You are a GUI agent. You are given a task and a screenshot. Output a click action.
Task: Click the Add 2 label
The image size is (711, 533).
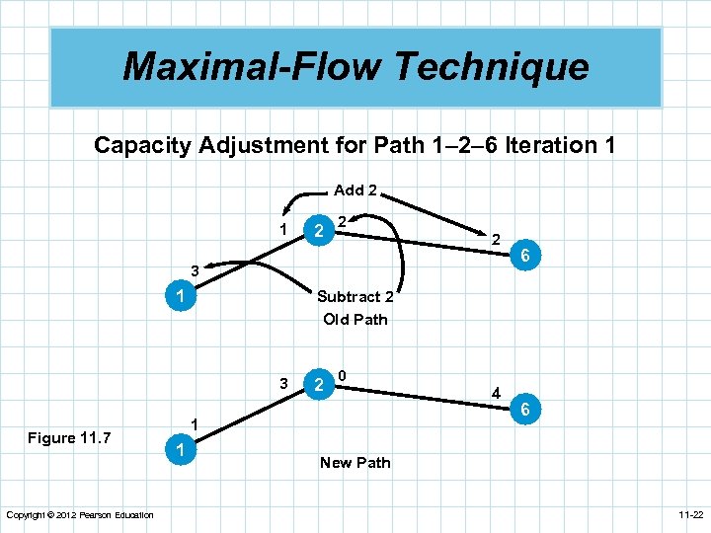click(355, 190)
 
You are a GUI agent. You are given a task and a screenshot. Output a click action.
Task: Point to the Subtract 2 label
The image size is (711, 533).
click(355, 296)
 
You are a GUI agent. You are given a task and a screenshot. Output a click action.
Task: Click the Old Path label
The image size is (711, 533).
click(355, 319)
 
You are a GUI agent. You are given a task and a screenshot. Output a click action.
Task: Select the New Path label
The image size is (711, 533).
click(355, 462)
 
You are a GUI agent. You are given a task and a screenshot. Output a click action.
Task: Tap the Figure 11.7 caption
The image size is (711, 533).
click(69, 438)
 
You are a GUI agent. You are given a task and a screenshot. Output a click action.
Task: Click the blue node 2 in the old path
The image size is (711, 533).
click(317, 231)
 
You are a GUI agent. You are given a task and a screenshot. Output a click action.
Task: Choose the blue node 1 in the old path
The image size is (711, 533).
click(179, 296)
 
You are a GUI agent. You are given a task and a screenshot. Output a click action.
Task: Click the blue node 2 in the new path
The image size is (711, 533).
click(317, 385)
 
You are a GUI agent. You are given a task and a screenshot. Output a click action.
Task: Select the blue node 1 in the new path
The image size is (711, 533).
click(179, 450)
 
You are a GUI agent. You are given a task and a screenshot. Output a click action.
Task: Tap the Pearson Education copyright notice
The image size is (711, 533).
click(80, 515)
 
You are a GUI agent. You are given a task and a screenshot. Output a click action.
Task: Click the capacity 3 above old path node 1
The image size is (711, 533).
click(196, 270)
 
